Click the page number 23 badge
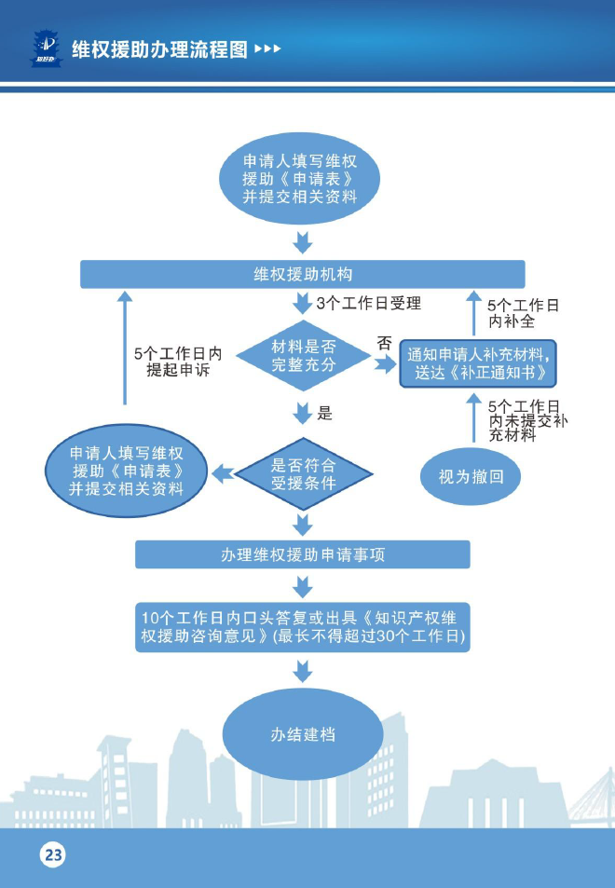tap(52, 854)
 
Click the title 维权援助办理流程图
tap(158, 48)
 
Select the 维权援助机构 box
tap(303, 274)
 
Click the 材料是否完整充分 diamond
tap(303, 355)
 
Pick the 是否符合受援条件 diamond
tap(303, 474)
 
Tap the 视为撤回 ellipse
tap(471, 476)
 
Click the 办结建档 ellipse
tap(303, 734)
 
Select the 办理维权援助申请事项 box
tap(303, 554)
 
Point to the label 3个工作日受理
tap(368, 303)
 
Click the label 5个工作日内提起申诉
tap(178, 362)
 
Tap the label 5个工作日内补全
tap(523, 314)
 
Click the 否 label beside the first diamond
tap(384, 343)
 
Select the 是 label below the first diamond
tap(324, 414)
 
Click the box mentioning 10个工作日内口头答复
tap(303, 627)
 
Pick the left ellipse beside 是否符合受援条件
tap(127, 471)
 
